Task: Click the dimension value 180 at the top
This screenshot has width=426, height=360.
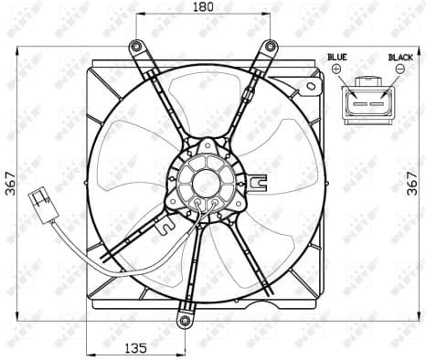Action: click(x=204, y=7)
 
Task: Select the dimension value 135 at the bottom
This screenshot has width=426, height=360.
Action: click(x=135, y=348)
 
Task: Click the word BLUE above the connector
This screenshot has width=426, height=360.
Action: click(x=337, y=57)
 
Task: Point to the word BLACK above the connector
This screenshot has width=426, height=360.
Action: click(x=400, y=57)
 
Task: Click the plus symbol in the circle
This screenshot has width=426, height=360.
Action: click(x=336, y=69)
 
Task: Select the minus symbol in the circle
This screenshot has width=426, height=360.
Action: click(x=400, y=69)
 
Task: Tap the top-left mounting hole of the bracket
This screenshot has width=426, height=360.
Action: click(x=136, y=47)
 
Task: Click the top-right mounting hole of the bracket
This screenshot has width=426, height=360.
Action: click(x=271, y=47)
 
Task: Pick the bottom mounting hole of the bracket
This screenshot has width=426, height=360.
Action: click(x=186, y=322)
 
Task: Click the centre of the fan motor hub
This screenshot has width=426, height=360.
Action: click(x=206, y=181)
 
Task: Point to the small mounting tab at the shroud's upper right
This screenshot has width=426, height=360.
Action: click(x=313, y=87)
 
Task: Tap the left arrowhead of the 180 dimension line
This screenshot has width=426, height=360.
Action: click(x=139, y=15)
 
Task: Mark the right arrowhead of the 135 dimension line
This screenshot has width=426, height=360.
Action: click(x=182, y=354)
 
